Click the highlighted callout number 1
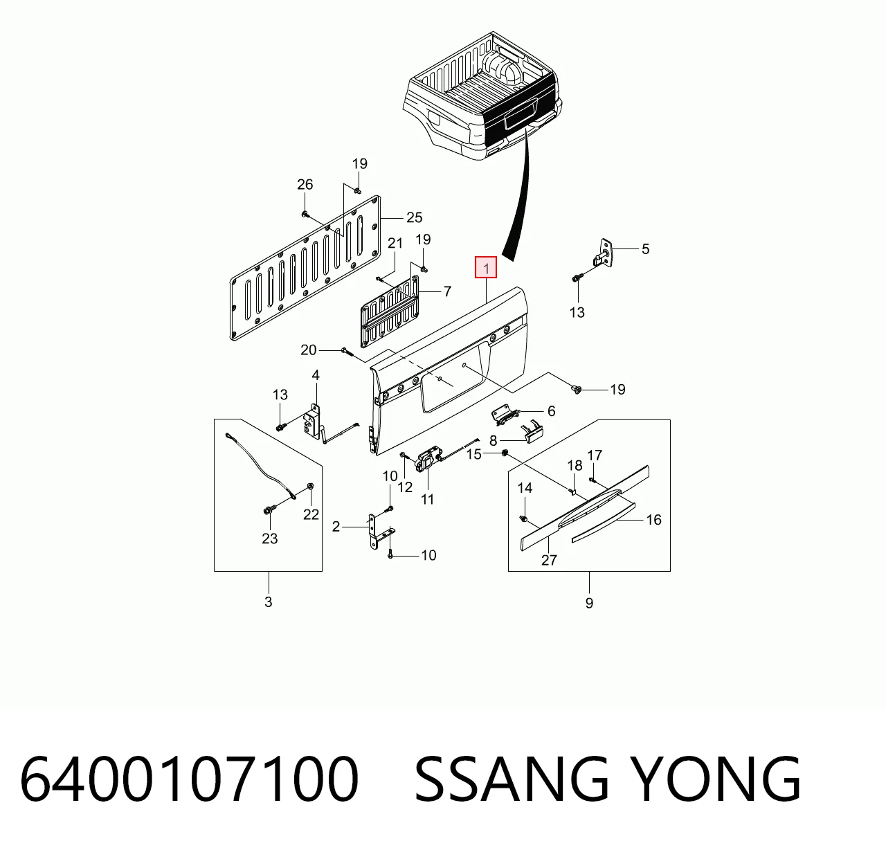486,268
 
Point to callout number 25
414,217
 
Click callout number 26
305,184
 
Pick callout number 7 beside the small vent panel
448,291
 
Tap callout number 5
645,249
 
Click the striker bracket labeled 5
604,254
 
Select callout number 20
308,350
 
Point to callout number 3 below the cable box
268,602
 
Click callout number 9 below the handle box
589,604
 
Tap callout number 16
654,519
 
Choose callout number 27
549,560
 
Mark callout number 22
311,514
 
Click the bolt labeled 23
268,511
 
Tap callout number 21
395,243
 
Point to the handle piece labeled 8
531,432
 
